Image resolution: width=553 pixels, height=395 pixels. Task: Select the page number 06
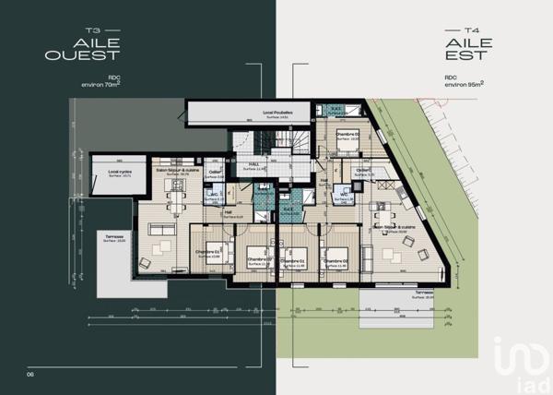(30, 373)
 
